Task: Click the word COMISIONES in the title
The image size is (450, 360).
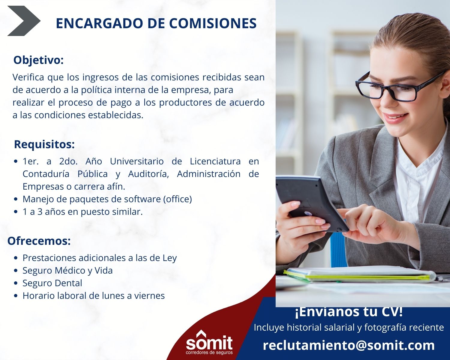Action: click(213, 23)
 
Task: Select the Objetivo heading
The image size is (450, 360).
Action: click(38, 60)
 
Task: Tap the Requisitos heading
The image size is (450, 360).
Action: click(44, 144)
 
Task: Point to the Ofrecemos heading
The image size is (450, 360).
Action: click(39, 241)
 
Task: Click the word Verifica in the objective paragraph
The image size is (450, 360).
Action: click(28, 77)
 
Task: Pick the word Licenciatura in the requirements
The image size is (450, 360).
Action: click(215, 161)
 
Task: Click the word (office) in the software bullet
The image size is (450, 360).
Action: click(177, 199)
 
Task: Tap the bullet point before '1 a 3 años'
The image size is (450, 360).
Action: click(16, 212)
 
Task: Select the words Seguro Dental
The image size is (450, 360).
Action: click(52, 283)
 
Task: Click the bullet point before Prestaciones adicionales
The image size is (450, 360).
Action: click(16, 258)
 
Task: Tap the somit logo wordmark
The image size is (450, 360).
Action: click(209, 342)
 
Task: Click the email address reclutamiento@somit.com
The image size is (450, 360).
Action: click(349, 345)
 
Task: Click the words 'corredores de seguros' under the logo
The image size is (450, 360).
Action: click(209, 353)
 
